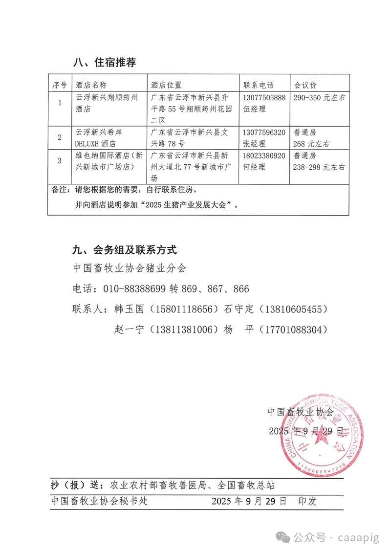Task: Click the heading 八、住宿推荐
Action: [x=104, y=63]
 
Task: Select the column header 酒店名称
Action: [x=91, y=85]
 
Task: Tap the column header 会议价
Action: [x=306, y=85]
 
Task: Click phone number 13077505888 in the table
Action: [x=264, y=98]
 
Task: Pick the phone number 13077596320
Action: [x=264, y=133]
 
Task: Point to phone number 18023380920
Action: [x=264, y=156]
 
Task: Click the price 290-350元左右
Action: [x=319, y=98]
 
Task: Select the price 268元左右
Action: [x=311, y=144]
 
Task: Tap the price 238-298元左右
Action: [x=319, y=167]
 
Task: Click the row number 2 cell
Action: [x=60, y=137]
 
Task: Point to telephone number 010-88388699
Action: [x=134, y=288]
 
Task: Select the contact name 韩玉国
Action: [x=130, y=310]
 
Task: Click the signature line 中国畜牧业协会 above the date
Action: [x=300, y=412]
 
